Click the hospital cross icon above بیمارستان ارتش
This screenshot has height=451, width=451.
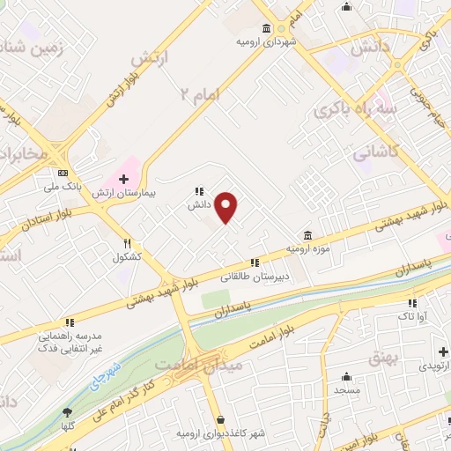pyautogui.click(x=123, y=179)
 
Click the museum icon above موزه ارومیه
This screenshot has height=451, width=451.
pyautogui.click(x=307, y=235)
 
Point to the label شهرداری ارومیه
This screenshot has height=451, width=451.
pyautogui.click(x=265, y=41)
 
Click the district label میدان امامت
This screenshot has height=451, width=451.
pyautogui.click(x=186, y=364)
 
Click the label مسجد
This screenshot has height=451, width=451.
pyautogui.click(x=347, y=388)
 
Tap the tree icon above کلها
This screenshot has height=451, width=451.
pyautogui.click(x=67, y=412)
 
